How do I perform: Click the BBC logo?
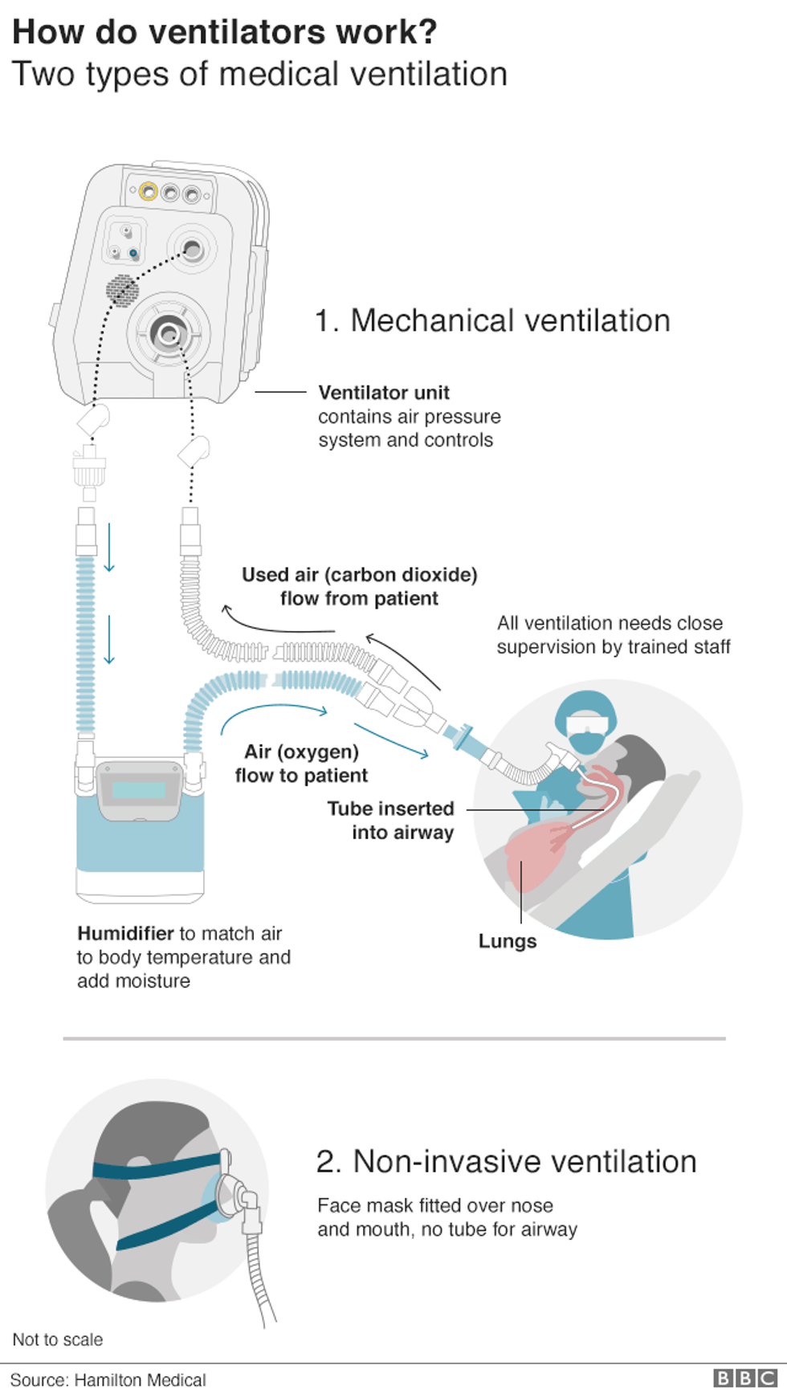744,1378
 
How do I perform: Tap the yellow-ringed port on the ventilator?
148,191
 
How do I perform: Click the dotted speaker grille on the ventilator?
122,290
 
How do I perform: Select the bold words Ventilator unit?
384,393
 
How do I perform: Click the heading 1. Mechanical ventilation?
492,320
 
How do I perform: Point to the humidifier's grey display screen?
139,790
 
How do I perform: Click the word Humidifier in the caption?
125,933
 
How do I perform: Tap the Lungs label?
507,941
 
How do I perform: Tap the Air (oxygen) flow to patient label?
301,764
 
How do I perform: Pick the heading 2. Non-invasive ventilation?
506,1161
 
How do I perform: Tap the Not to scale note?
58,1339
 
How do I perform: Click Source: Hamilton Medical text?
108,1380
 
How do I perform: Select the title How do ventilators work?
225,32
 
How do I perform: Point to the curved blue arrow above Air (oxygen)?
273,711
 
